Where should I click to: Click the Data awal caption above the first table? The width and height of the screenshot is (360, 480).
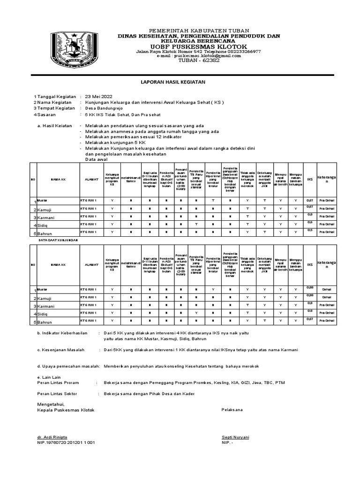point(96,160)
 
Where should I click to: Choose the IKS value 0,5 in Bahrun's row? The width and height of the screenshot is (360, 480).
point(309,230)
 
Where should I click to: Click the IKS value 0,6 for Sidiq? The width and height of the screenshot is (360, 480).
point(309,222)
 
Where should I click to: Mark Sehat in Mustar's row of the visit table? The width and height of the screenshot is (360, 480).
point(327,289)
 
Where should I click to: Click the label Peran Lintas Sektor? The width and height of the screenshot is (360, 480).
point(57,394)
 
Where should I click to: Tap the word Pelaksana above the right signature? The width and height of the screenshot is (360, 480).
point(232,410)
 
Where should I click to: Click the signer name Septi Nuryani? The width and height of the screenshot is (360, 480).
point(235,437)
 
